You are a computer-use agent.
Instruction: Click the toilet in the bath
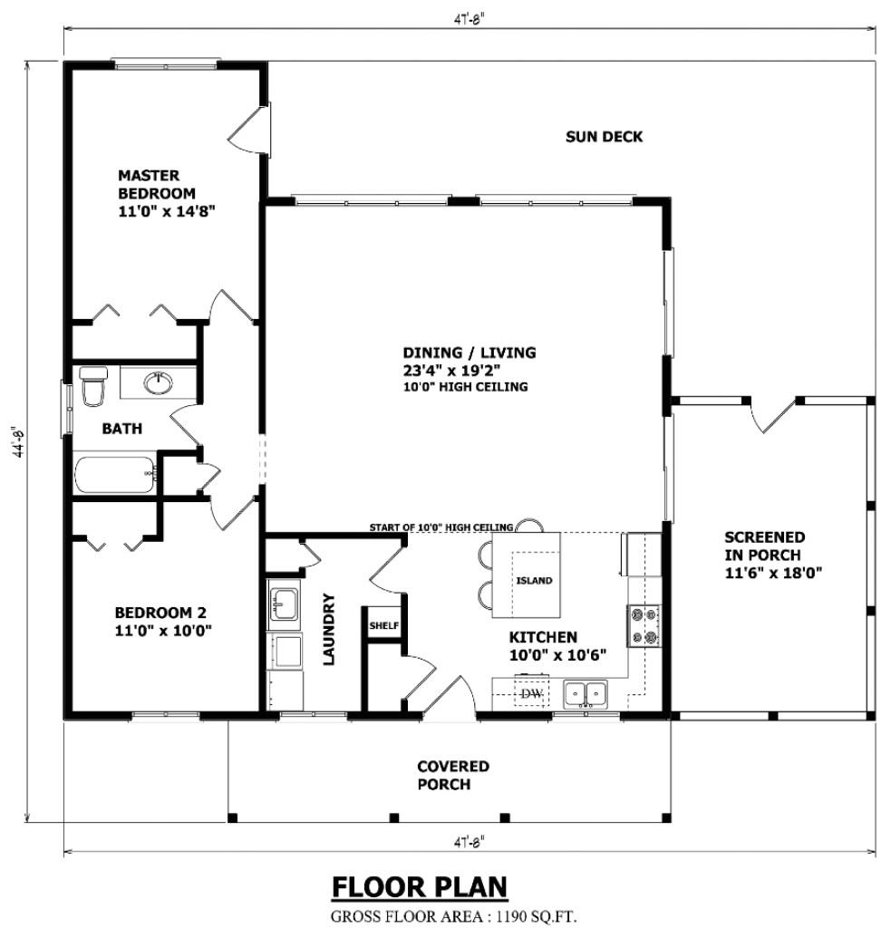click(92, 387)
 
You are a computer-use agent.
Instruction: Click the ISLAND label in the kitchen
click(534, 581)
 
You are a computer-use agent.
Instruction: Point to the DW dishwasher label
click(531, 694)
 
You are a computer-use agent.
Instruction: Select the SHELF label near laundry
click(383, 625)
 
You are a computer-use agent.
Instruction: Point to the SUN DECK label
click(604, 137)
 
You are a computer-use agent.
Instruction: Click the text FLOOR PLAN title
click(419, 885)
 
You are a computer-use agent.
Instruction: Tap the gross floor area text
click(453, 914)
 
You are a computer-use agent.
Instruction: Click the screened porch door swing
click(771, 415)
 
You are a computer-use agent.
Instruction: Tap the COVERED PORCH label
click(452, 775)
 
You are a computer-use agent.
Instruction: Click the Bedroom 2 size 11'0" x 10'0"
click(163, 631)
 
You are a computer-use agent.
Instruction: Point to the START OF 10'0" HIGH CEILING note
click(441, 527)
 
